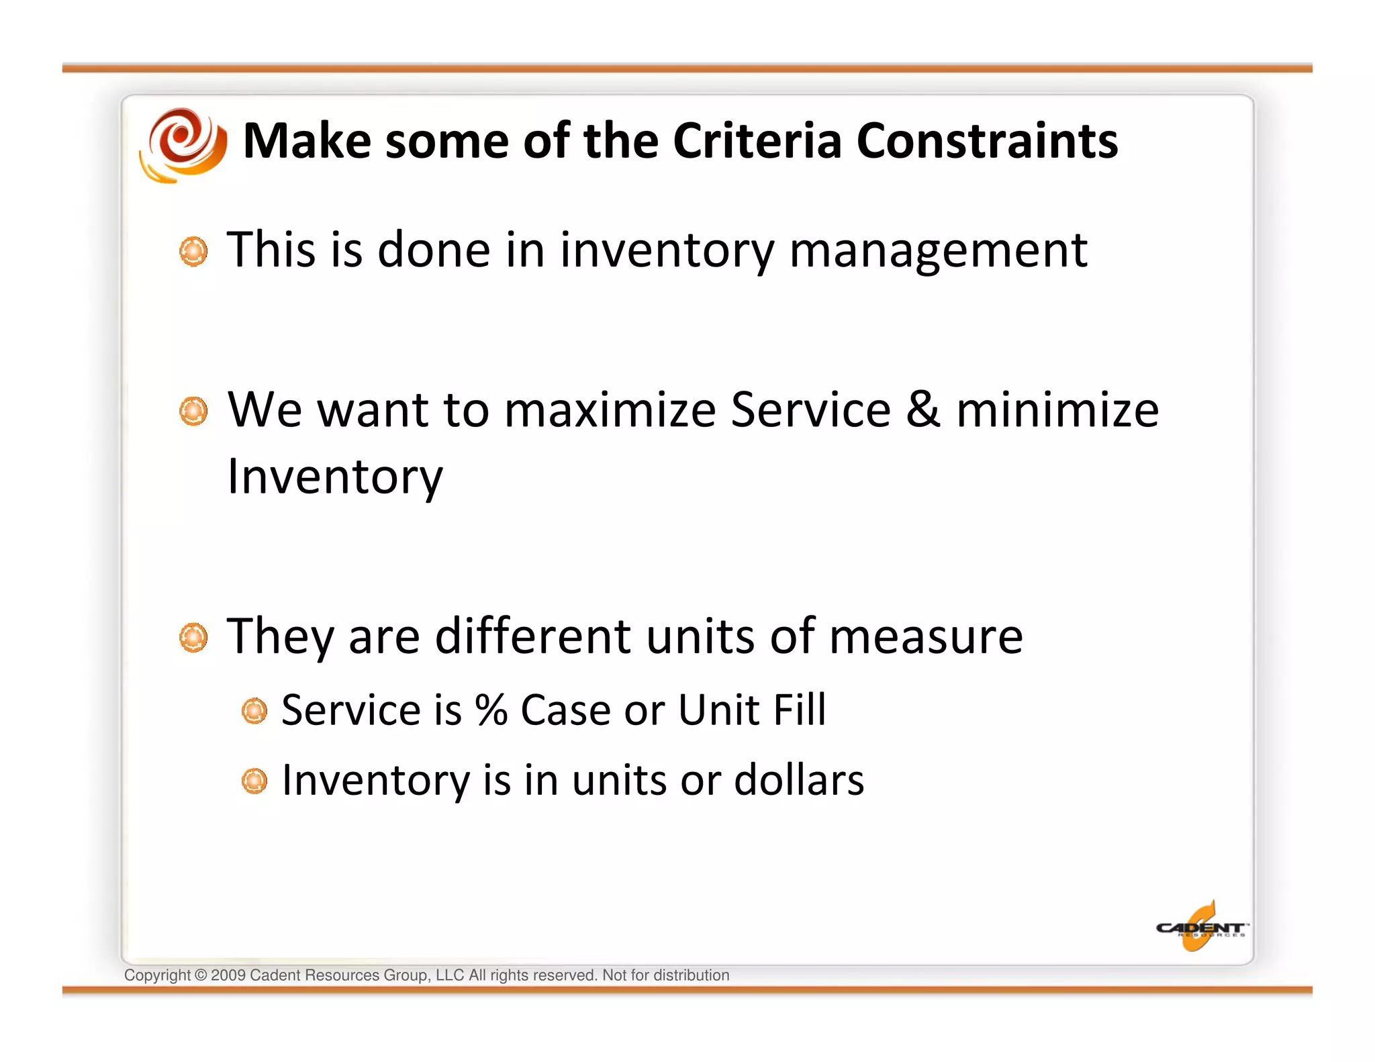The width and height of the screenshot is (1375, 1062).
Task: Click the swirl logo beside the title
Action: pyautogui.click(x=183, y=144)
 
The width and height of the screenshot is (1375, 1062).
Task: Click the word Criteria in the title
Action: pyautogui.click(x=757, y=141)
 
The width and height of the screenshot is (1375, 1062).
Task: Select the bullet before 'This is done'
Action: pyautogui.click(x=193, y=252)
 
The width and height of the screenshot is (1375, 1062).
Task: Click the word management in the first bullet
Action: pyautogui.click(x=938, y=250)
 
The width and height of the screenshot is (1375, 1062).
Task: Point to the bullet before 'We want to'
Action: pyautogui.click(x=193, y=411)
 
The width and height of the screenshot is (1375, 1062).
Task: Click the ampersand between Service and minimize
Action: pyautogui.click(x=922, y=409)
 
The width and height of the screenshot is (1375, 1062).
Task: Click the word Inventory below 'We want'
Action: pyautogui.click(x=334, y=476)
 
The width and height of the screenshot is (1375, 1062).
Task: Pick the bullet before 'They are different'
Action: pyautogui.click(x=193, y=637)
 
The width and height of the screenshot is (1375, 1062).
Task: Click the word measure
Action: pyautogui.click(x=926, y=636)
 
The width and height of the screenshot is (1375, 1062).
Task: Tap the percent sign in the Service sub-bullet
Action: pyautogui.click(x=491, y=710)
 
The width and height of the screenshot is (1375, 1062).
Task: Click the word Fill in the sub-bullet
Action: pyautogui.click(x=799, y=710)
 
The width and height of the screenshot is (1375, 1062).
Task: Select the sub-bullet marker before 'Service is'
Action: pyautogui.click(x=254, y=711)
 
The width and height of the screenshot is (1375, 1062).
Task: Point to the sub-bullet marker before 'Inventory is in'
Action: pyautogui.click(x=254, y=781)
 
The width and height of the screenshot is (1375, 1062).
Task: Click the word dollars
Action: pyautogui.click(x=798, y=780)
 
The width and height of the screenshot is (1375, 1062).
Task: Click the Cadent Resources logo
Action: pyautogui.click(x=1200, y=928)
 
